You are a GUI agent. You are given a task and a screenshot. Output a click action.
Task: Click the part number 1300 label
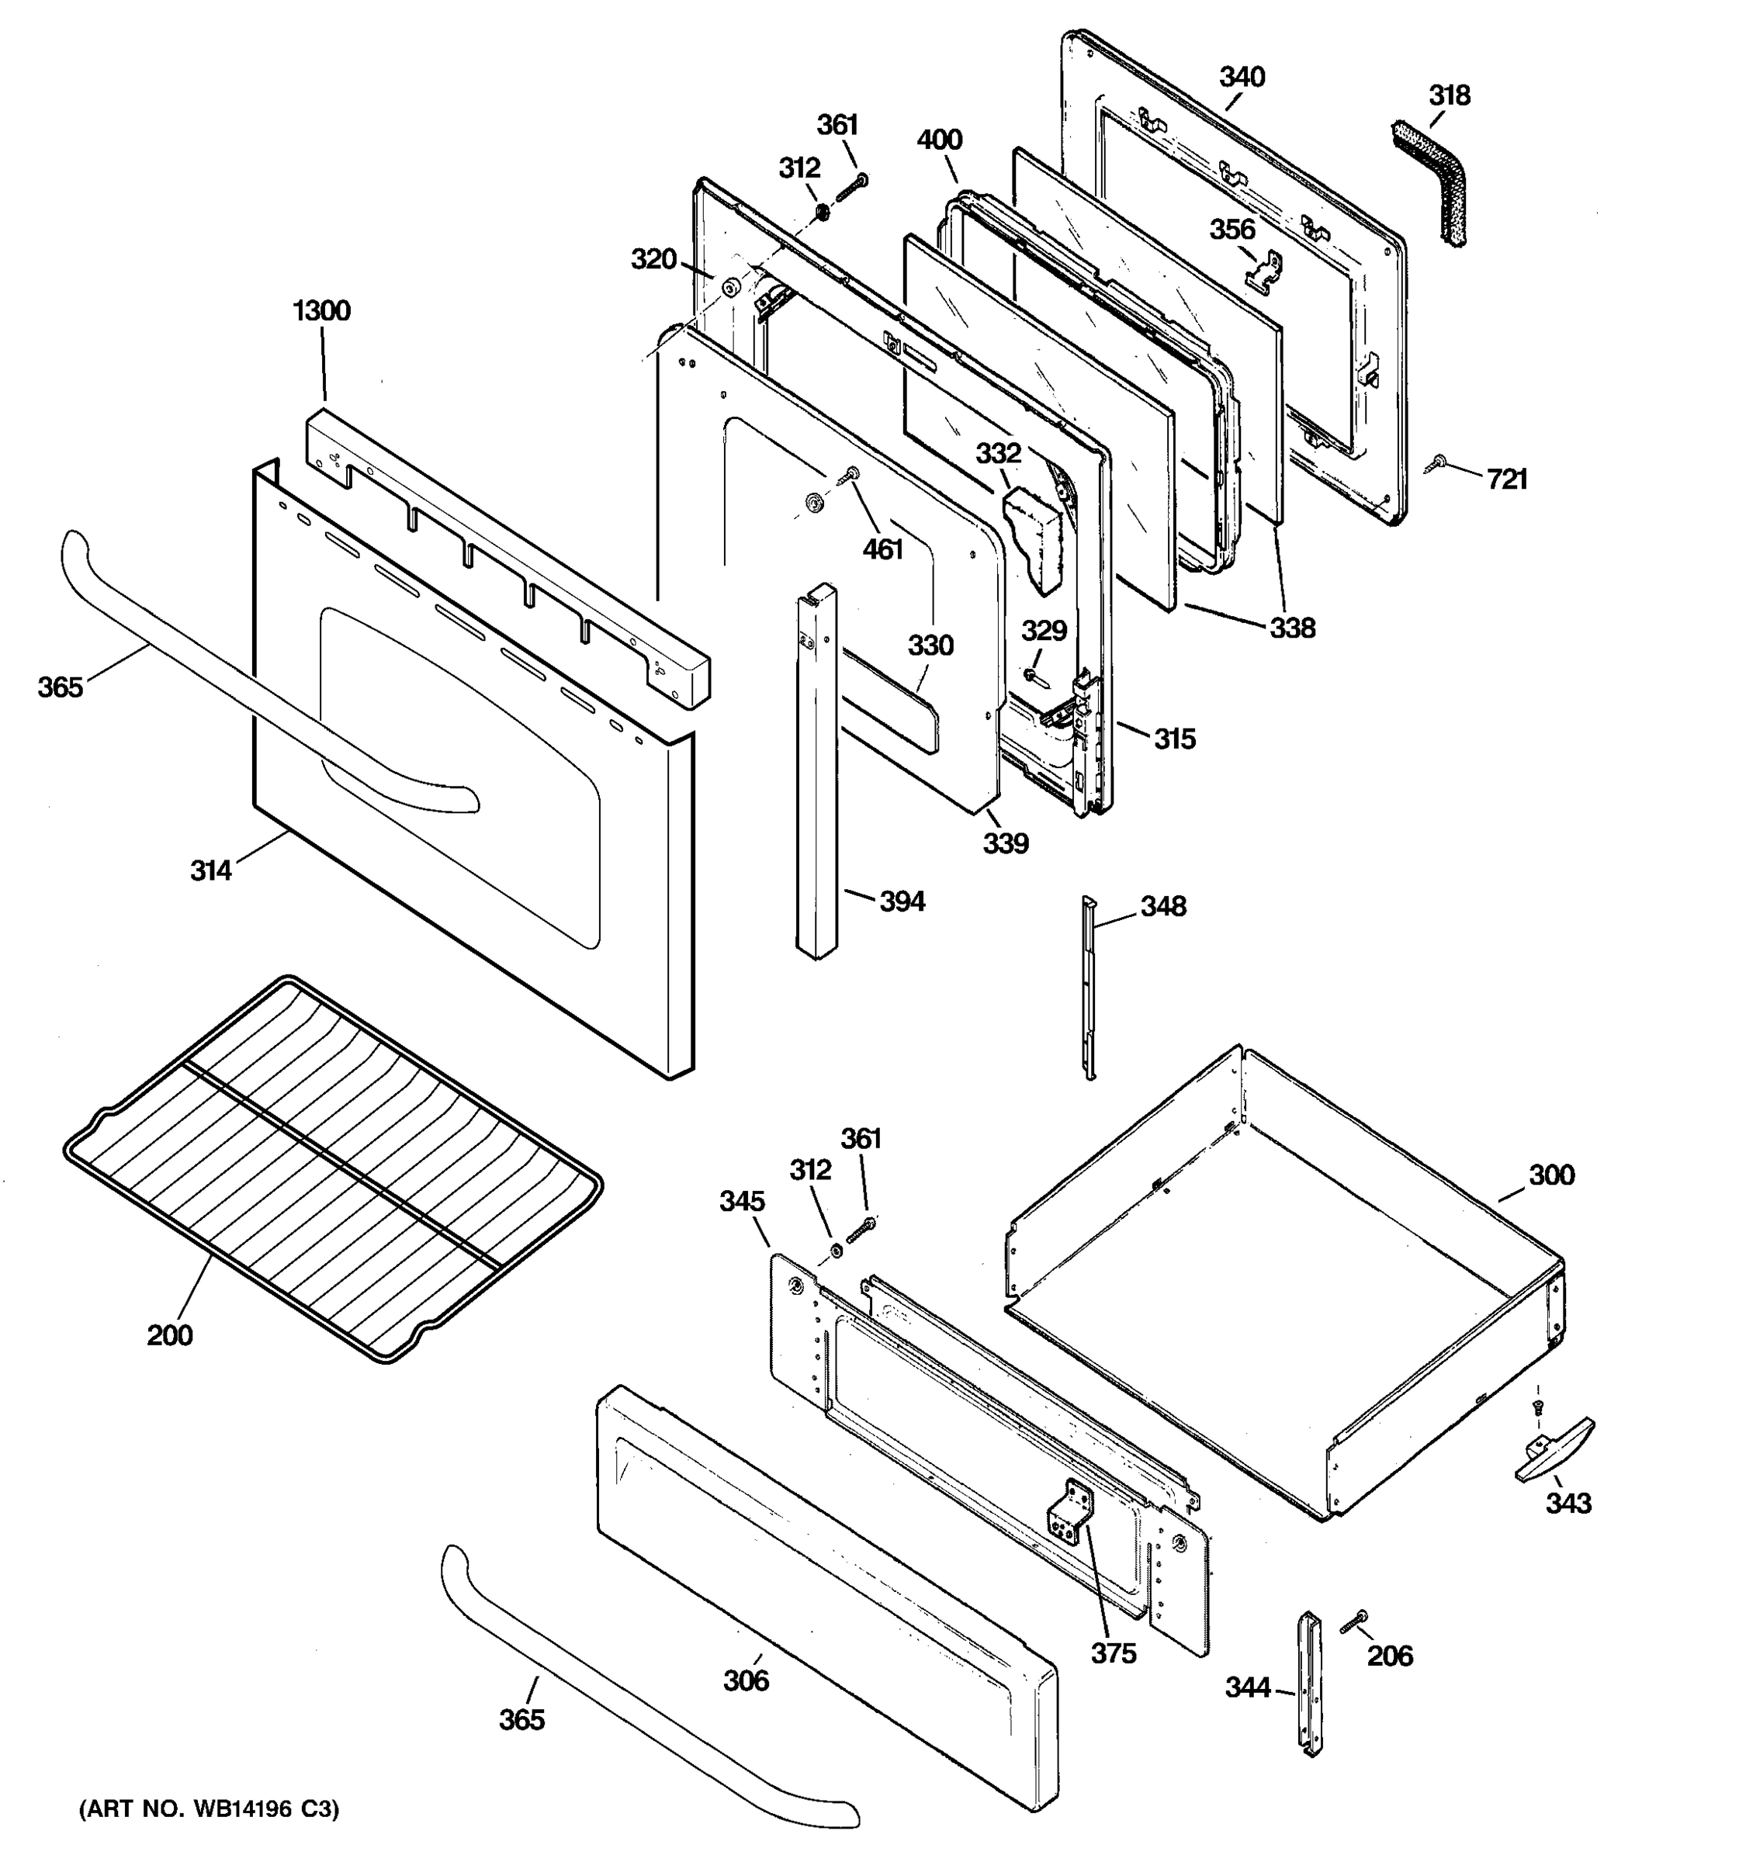(x=321, y=310)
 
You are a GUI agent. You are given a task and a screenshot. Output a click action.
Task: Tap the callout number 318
(x=1449, y=95)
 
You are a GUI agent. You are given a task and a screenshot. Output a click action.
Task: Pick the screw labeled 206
(x=1354, y=1623)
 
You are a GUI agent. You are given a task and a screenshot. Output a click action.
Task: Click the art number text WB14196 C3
(x=208, y=1808)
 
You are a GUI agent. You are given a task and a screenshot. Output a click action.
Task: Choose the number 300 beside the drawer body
(x=1551, y=1175)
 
